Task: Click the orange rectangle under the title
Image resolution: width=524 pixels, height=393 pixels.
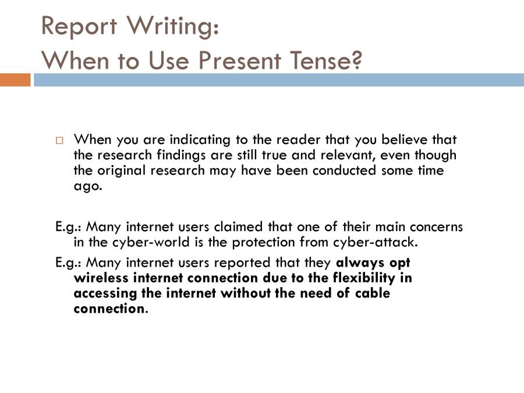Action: (15, 80)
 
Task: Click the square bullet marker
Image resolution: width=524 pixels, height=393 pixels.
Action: (59, 140)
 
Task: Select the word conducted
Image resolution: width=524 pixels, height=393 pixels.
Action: (345, 171)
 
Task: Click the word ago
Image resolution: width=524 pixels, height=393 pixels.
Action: (87, 186)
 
